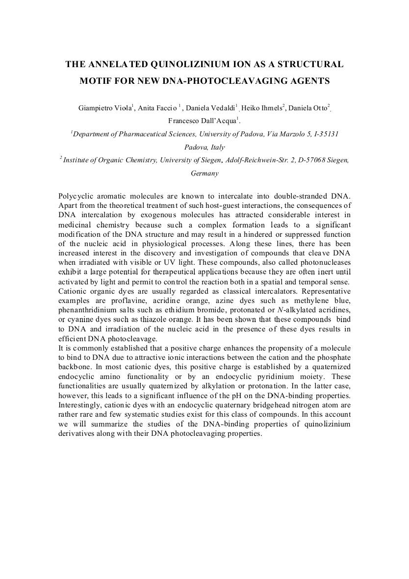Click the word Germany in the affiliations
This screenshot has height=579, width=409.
pos(204,173)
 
